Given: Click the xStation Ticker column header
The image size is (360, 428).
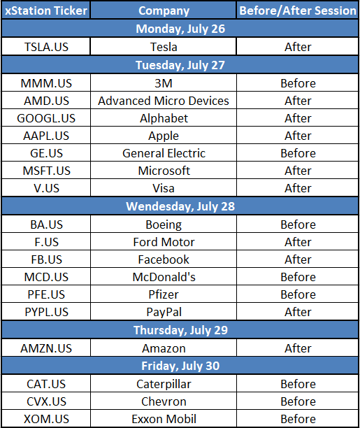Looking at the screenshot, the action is click(x=46, y=10).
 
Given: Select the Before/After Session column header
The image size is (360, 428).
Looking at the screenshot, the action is click(x=298, y=10).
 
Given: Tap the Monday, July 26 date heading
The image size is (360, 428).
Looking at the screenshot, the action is click(x=180, y=29).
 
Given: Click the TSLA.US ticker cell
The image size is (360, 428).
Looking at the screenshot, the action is click(x=46, y=47).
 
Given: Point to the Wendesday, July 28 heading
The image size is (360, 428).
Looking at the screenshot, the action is click(x=180, y=206).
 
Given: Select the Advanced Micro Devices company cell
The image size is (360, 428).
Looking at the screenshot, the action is click(x=164, y=101).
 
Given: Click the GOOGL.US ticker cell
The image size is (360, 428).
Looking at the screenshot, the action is click(x=46, y=118).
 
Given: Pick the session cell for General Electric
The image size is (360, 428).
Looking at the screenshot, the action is click(x=298, y=153).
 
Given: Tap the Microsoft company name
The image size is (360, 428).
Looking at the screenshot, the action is click(x=164, y=171).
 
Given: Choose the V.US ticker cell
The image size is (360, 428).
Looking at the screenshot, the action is click(x=46, y=188).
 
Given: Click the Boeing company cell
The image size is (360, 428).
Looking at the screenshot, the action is click(x=164, y=224).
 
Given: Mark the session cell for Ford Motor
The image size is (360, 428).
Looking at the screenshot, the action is click(x=298, y=242).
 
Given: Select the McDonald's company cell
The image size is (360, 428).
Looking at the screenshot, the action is click(x=164, y=277).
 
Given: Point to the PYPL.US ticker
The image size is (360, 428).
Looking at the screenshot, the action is click(x=46, y=312).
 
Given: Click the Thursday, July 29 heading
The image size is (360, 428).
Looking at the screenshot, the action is click(x=180, y=330).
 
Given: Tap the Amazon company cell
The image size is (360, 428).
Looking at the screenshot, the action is click(x=164, y=348).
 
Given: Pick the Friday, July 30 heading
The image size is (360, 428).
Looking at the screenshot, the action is click(x=180, y=366).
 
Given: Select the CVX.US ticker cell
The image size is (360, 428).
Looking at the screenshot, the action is click(x=46, y=401).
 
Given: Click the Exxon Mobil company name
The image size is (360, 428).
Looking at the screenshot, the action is click(x=164, y=419).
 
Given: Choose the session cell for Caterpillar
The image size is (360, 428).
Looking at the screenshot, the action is click(x=298, y=384).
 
